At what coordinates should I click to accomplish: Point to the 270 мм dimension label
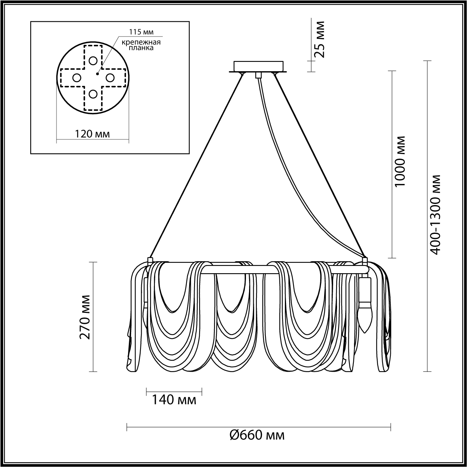pyautogui.click(x=85, y=317)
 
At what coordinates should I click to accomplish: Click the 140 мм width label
pyautogui.click(x=174, y=400)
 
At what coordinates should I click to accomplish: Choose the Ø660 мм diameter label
pyautogui.click(x=257, y=442)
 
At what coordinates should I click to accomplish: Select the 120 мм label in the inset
pyautogui.click(x=92, y=133)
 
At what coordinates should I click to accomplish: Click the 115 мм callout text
pyautogui.click(x=141, y=32)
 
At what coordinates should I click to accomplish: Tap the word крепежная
pyautogui.click(x=141, y=42)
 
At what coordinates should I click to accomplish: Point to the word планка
pyautogui.click(x=141, y=48)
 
